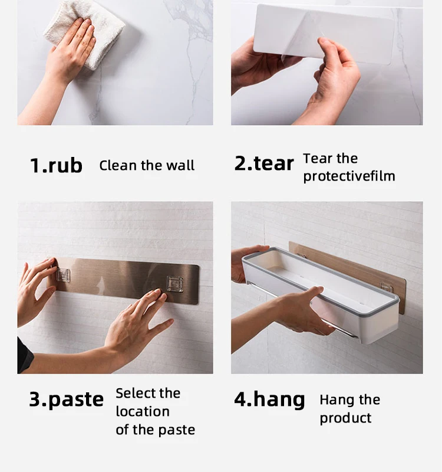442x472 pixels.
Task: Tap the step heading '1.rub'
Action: click(x=56, y=165)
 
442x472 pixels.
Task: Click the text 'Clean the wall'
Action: click(x=147, y=166)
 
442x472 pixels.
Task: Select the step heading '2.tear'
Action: click(x=263, y=163)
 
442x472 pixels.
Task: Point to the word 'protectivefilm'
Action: click(x=349, y=176)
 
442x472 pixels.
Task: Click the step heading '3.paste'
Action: click(x=66, y=400)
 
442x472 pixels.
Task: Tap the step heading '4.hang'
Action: click(x=269, y=400)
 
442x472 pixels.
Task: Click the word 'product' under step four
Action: click(x=345, y=418)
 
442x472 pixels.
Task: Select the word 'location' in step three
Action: click(x=143, y=411)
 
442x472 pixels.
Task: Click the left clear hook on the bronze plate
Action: click(x=63, y=275)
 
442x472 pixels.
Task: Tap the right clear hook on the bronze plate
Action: click(x=174, y=284)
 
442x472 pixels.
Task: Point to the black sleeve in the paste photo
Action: click(x=25, y=355)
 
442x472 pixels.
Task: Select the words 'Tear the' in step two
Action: click(x=331, y=159)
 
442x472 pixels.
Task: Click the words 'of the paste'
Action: click(x=155, y=430)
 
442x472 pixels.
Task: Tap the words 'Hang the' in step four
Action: click(x=350, y=400)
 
